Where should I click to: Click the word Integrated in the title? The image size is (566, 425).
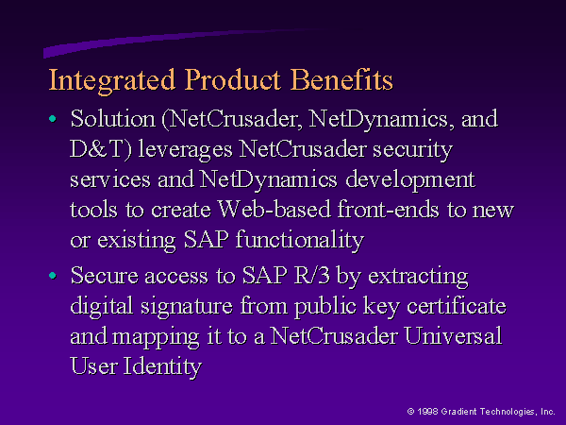112,81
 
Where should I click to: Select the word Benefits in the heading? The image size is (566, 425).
341,79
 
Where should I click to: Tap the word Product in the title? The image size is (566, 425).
233,79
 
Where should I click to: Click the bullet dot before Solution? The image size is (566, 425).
53,119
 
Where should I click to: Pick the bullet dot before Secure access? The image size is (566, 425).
53,276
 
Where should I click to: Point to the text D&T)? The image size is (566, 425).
101,149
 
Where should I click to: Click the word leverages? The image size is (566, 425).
186,150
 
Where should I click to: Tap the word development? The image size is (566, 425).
410,180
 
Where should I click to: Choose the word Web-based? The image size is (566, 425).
275,209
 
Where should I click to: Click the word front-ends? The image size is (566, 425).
388,209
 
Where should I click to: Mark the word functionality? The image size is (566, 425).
300,241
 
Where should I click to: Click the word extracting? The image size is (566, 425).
418,277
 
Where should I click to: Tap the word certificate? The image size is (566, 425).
457,306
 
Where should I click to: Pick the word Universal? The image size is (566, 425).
453,335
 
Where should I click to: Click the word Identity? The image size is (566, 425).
162,367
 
